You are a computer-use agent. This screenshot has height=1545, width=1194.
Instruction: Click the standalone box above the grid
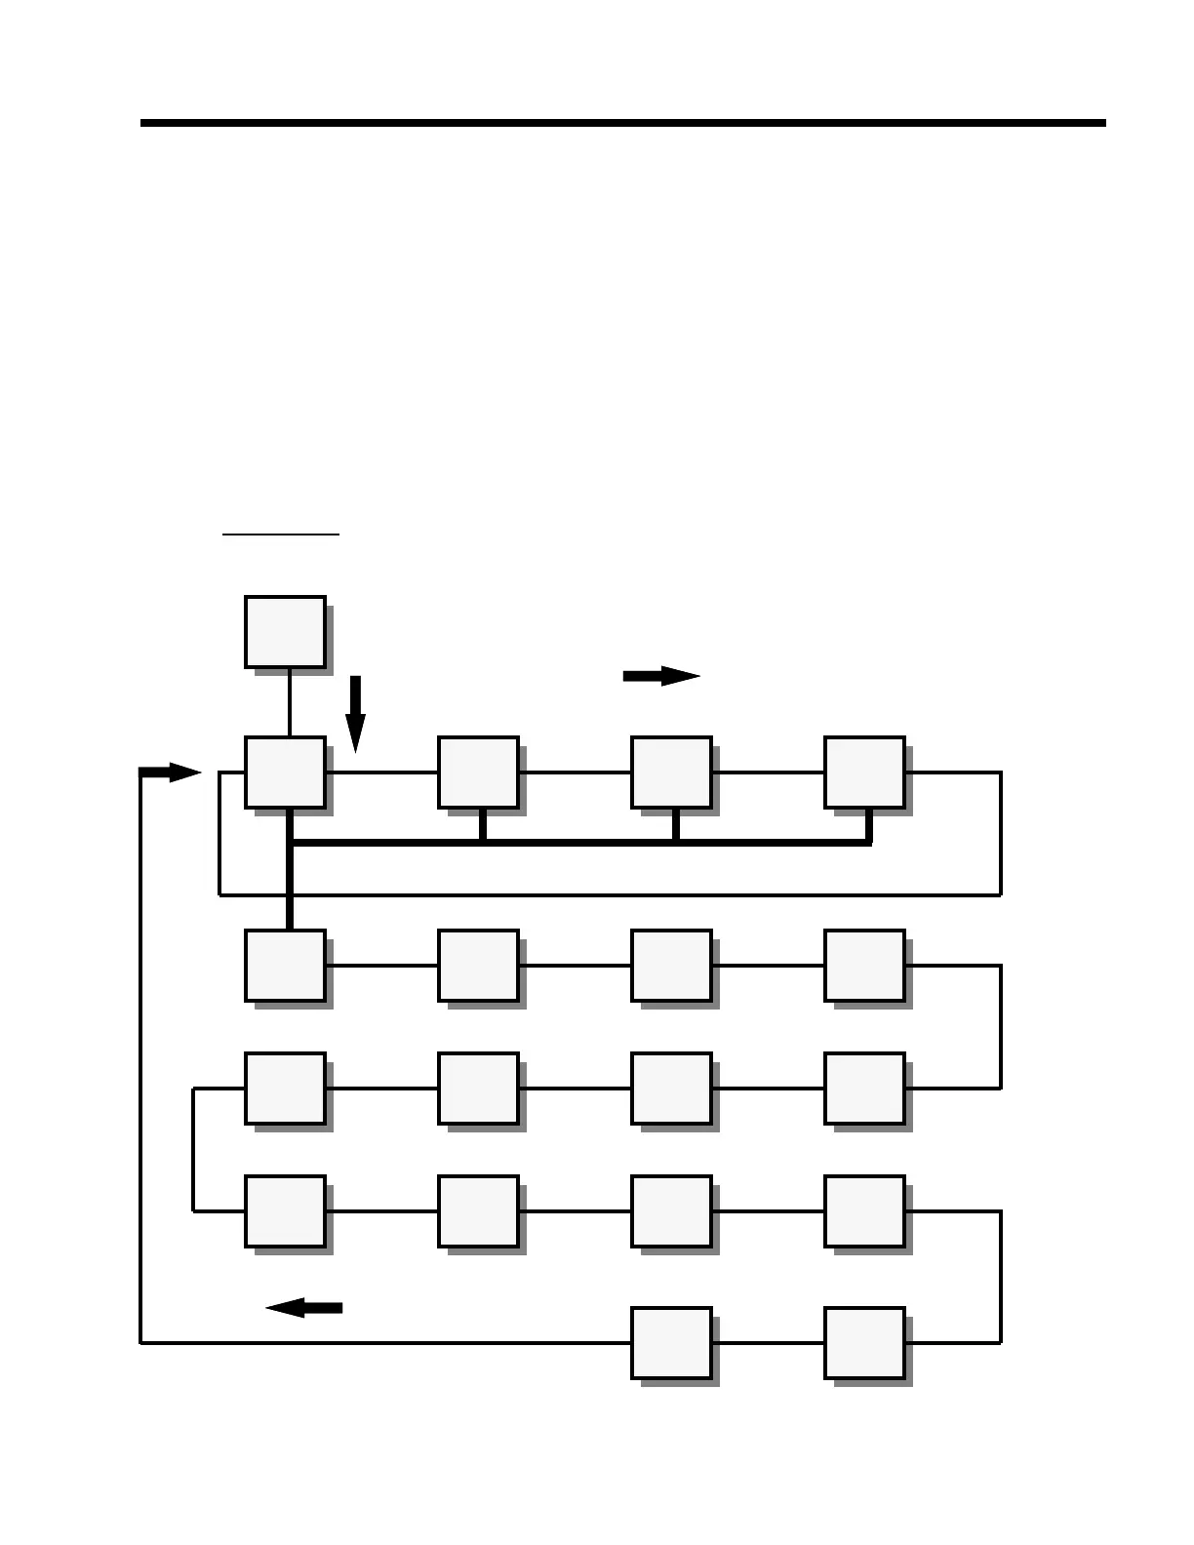(x=285, y=632)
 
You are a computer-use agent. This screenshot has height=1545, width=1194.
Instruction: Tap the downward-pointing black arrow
(x=355, y=713)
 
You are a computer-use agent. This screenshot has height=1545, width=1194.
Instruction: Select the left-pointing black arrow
(x=303, y=1308)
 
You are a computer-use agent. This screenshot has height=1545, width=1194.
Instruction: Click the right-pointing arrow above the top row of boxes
(x=661, y=676)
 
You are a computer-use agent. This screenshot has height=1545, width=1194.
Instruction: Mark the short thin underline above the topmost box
(x=281, y=535)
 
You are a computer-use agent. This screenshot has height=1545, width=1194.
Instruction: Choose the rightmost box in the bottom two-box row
(x=864, y=1343)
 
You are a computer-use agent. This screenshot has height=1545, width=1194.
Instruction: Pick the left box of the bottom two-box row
(x=671, y=1343)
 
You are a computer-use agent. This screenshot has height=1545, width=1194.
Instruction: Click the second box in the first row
(x=478, y=772)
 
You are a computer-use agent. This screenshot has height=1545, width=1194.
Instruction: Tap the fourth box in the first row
(x=864, y=772)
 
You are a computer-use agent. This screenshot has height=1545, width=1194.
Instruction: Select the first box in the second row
(x=285, y=966)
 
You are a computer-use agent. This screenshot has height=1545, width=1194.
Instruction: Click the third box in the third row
(x=671, y=1089)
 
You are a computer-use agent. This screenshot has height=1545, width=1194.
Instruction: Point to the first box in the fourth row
(x=285, y=1211)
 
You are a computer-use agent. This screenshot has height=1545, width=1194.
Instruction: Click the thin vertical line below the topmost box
(x=290, y=702)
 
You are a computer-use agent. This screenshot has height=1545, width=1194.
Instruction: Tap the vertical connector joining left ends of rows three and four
(x=194, y=1150)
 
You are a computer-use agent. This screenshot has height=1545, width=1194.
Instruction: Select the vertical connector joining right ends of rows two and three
(x=1001, y=1027)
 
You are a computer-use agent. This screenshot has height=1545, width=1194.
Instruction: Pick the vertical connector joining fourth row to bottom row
(x=1001, y=1277)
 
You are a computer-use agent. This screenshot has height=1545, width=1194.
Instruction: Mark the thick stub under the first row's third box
(x=675, y=825)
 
